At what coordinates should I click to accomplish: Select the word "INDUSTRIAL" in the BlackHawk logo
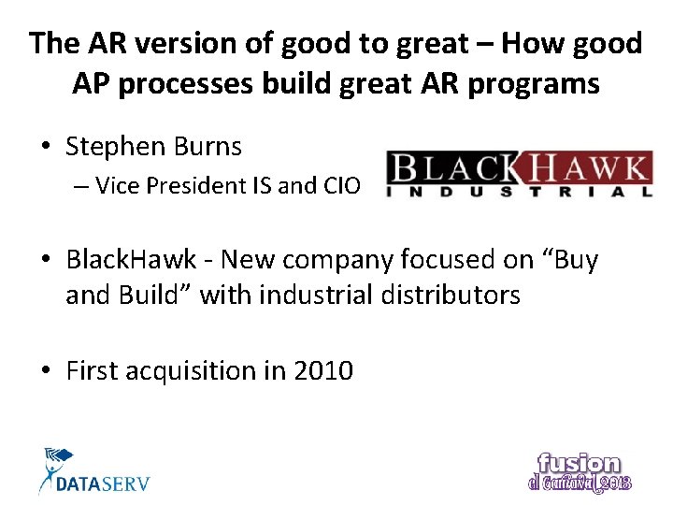click(x=520, y=192)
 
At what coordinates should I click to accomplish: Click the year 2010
click(x=323, y=371)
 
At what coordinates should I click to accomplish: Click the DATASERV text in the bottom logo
click(x=103, y=483)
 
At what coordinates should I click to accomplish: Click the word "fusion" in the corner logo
click(x=579, y=464)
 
